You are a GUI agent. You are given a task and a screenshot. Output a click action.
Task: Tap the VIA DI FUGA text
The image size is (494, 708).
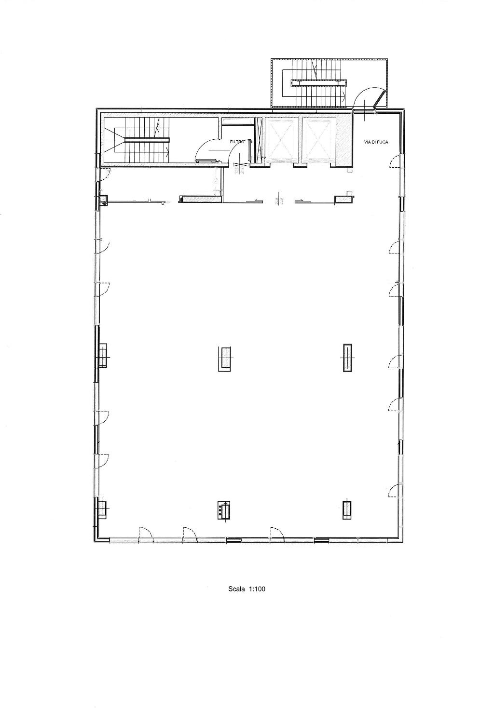376,142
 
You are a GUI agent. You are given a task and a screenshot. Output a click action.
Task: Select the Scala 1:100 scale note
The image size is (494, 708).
247,588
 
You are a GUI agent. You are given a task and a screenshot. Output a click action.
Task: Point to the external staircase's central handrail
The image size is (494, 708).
318,82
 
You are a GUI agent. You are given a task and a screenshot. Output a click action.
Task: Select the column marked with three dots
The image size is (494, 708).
224,510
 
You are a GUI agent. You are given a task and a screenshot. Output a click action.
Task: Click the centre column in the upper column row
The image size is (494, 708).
225,359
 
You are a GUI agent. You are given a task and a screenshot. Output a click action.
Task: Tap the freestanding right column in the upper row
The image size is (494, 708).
347,358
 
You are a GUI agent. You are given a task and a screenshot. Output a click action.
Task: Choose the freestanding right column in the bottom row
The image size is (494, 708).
347,510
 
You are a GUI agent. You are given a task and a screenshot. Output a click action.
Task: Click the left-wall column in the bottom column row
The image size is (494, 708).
102,509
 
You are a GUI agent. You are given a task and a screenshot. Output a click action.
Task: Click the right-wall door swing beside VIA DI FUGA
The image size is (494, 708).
395,161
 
